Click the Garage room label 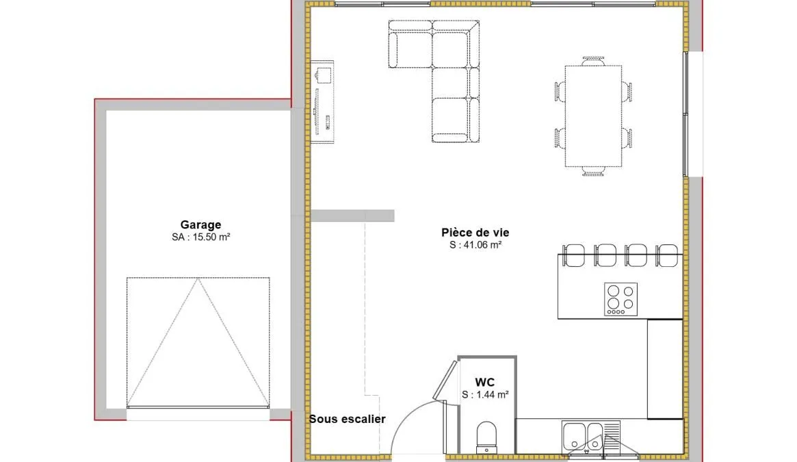point(200,224)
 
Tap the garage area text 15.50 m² point(211,237)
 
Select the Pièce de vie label point(475,233)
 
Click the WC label point(485,382)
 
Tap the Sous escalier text point(348,420)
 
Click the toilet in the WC point(486,437)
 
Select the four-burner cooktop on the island point(620,298)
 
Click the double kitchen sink point(590,437)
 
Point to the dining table point(594,116)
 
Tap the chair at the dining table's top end point(594,61)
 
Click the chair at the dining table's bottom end point(593,171)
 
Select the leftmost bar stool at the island point(574,255)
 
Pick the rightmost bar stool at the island point(666,255)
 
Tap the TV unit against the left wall point(322,102)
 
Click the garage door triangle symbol point(198,342)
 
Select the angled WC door point(445,380)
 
